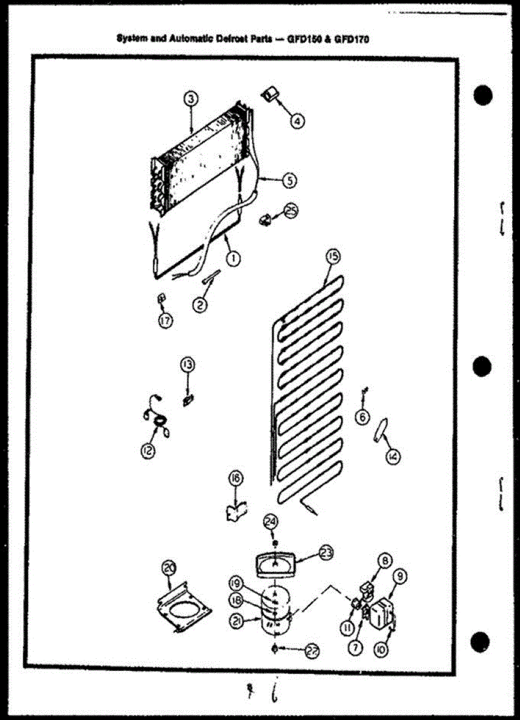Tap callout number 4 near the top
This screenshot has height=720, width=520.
tap(297, 120)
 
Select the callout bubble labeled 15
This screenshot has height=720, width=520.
tap(332, 257)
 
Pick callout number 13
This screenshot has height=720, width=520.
tap(188, 364)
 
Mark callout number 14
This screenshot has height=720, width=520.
tap(393, 457)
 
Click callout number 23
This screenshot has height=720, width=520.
tap(326, 553)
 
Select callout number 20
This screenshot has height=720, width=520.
tap(170, 567)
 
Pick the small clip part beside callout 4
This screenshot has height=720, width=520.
tap(269, 93)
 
